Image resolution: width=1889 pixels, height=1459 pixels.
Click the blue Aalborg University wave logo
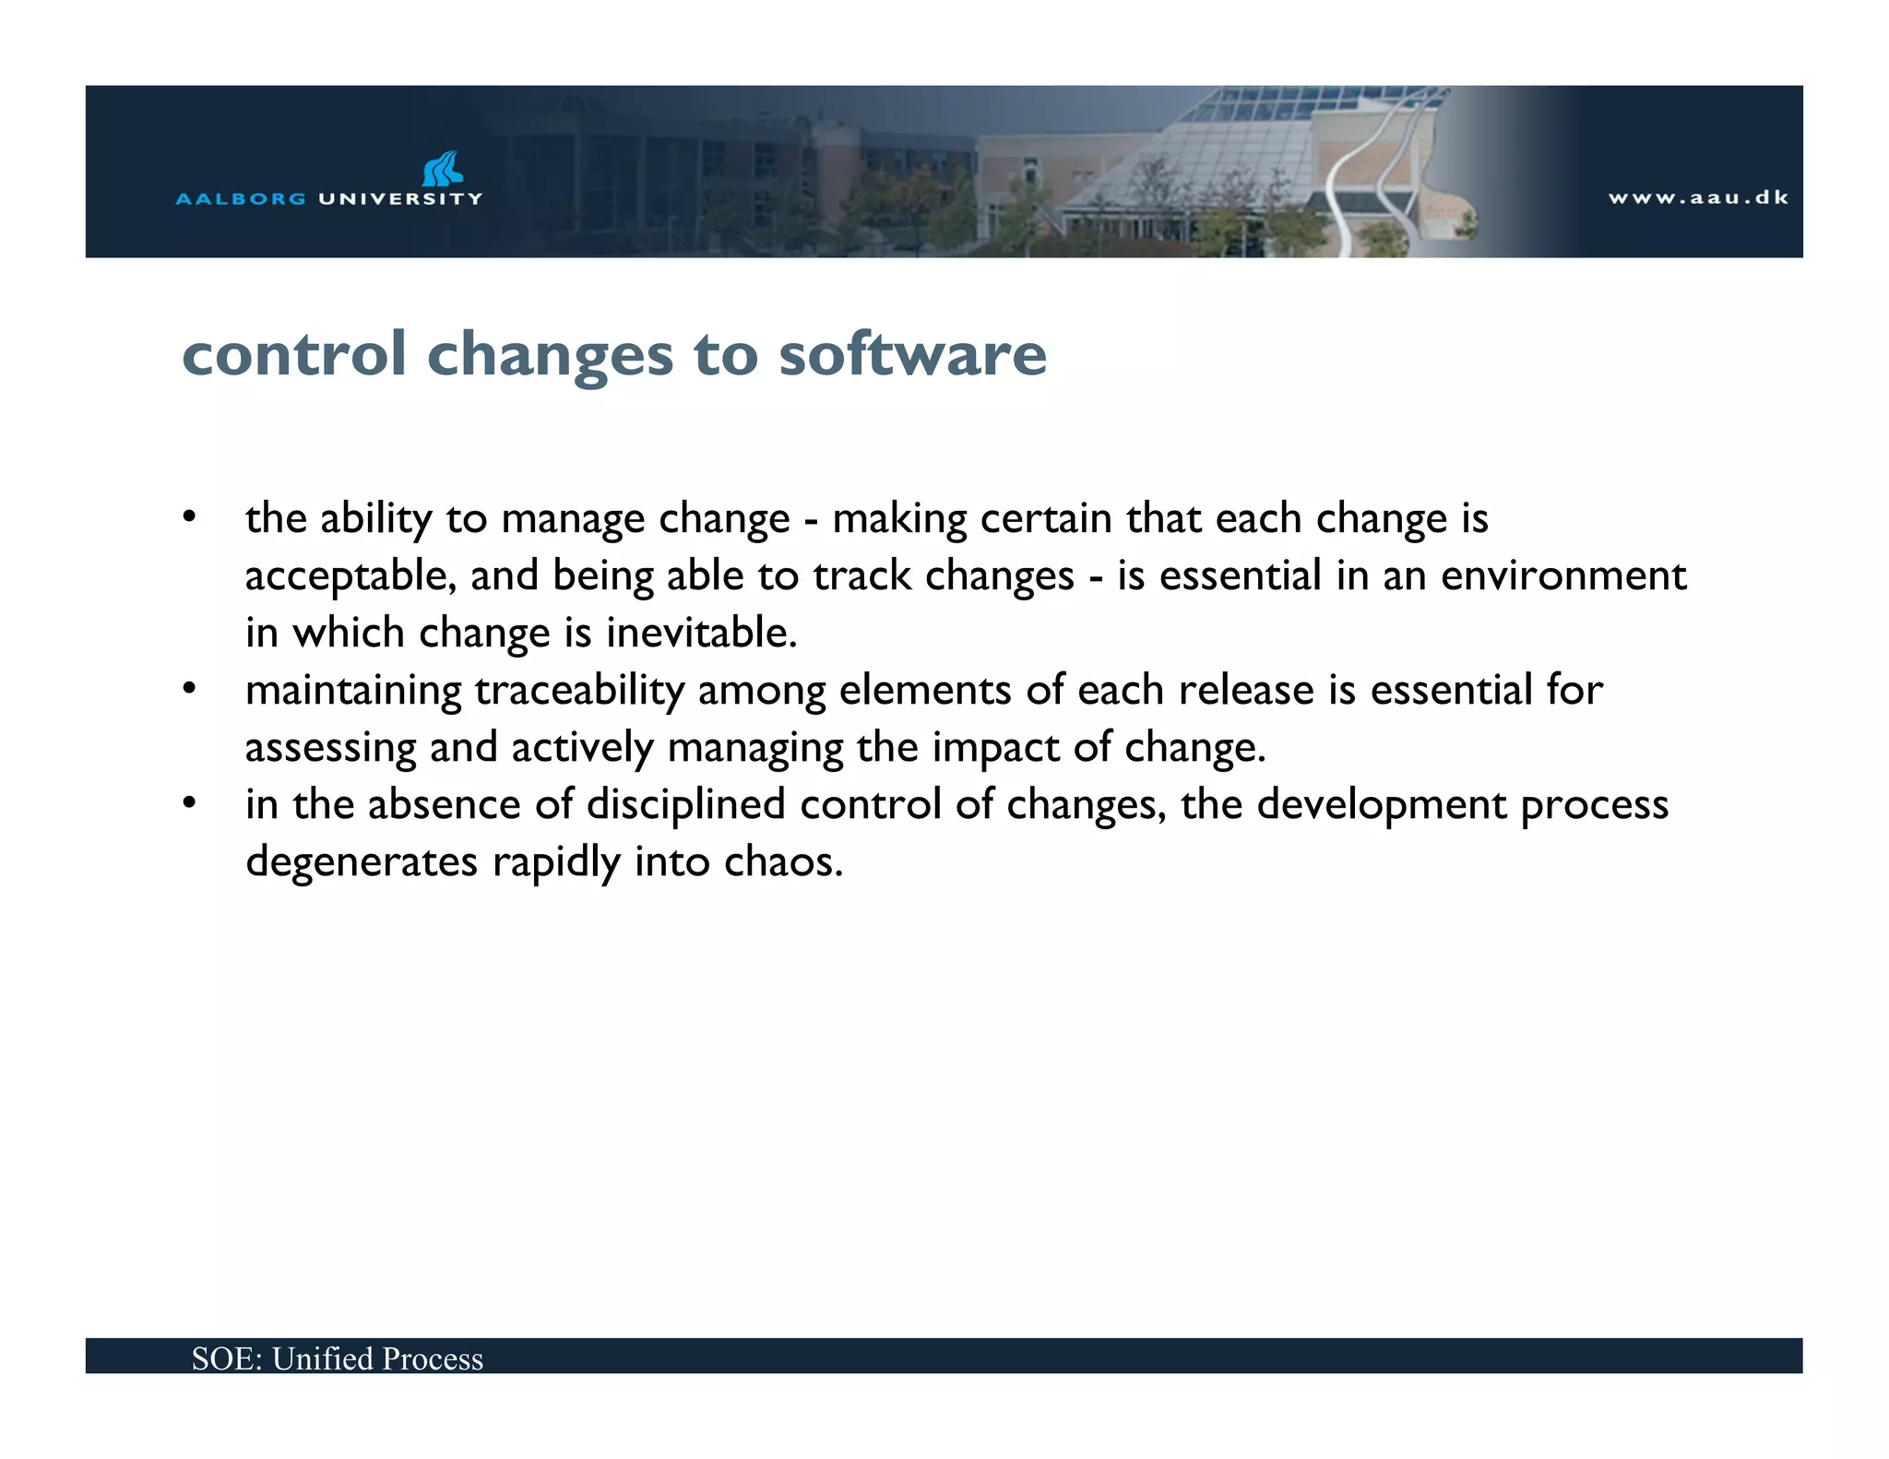[x=443, y=169]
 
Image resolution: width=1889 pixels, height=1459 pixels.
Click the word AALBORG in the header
[x=240, y=198]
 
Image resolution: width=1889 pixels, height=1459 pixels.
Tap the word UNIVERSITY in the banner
[x=400, y=198]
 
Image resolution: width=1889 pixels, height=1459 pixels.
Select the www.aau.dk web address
[x=1698, y=197]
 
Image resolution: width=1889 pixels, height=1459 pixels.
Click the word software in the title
[x=912, y=354]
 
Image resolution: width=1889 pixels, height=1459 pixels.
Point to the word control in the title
[x=294, y=354]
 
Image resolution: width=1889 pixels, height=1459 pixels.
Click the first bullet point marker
[x=189, y=517]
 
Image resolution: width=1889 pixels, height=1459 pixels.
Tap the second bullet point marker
[x=189, y=689]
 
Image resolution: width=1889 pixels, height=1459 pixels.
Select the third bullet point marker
[x=189, y=803]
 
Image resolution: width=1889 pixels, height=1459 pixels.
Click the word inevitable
[x=701, y=633]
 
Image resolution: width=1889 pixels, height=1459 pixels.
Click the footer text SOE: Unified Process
[x=338, y=1358]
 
